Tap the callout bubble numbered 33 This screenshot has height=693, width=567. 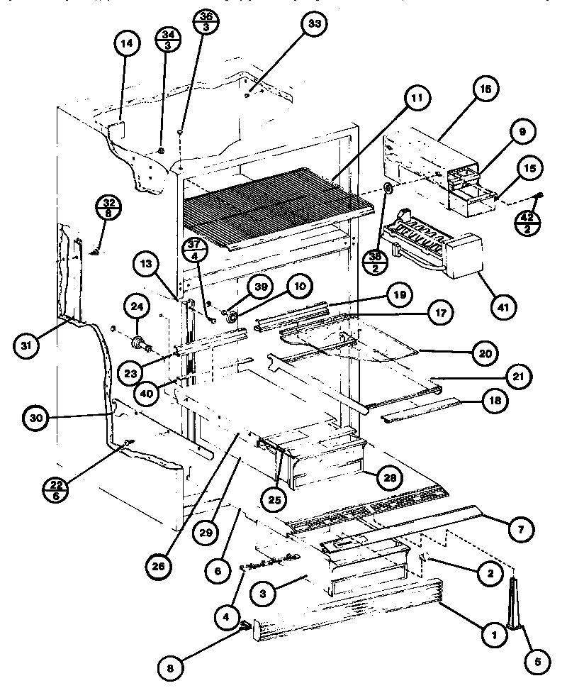click(314, 24)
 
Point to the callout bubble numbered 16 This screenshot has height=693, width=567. click(484, 89)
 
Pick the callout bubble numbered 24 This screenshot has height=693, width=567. click(136, 307)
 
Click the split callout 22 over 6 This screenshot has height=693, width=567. click(55, 489)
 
